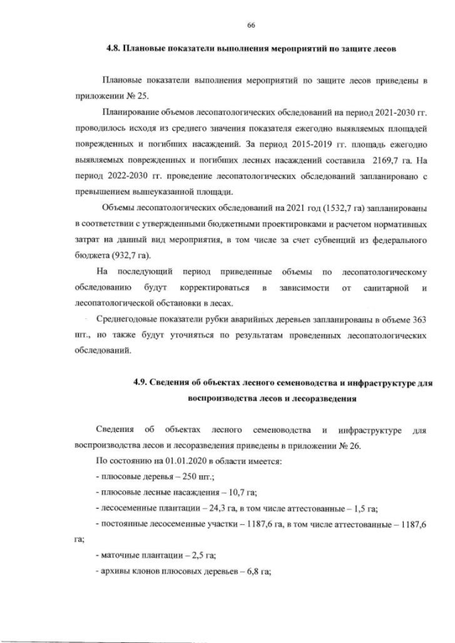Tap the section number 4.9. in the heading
146,383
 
